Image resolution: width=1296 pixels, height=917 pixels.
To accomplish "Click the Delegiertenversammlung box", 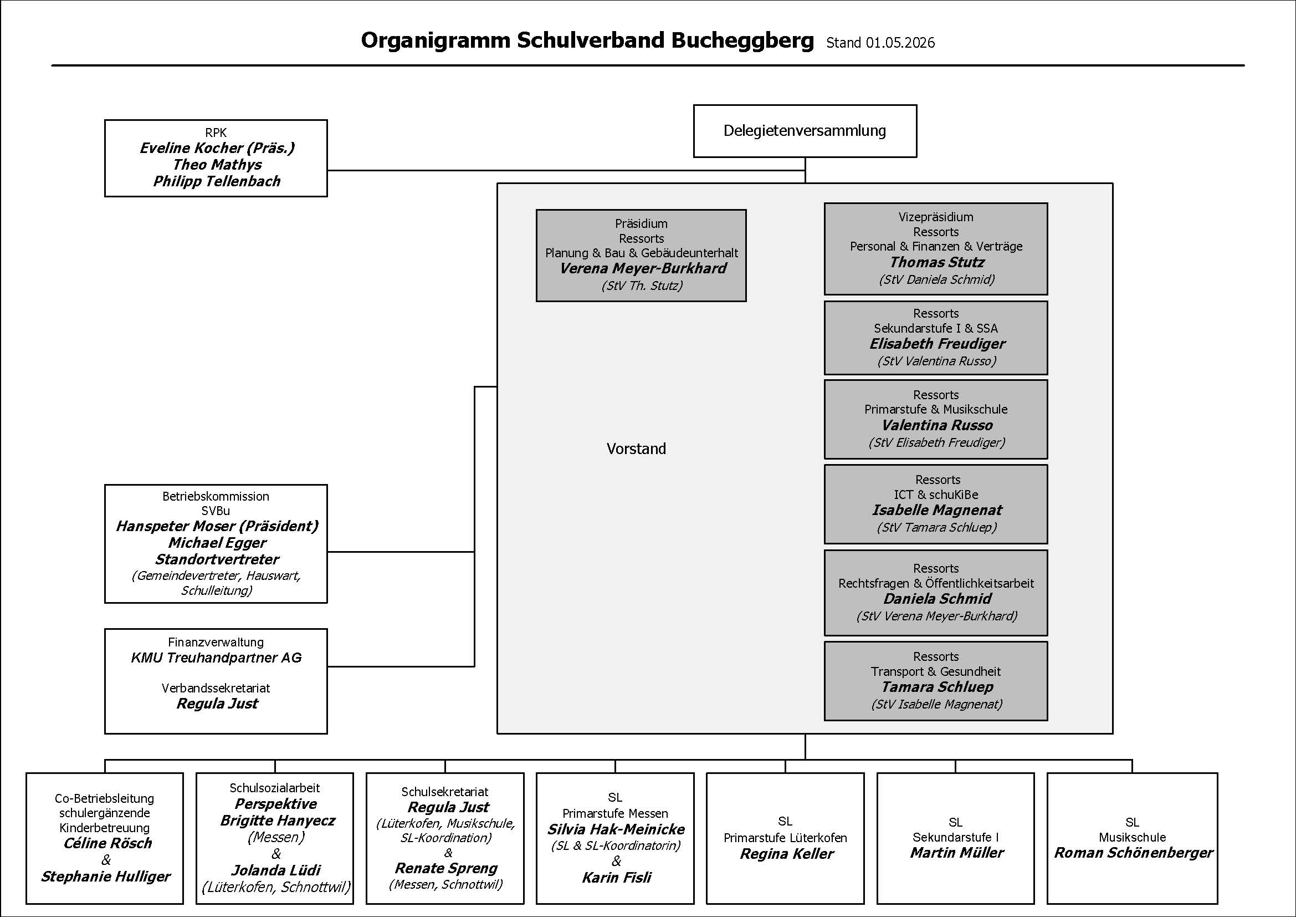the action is pos(805,131).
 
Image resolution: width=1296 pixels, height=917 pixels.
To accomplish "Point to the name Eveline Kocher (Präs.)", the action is pos(217,149).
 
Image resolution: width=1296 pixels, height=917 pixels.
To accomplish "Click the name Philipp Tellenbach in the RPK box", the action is pos(217,181).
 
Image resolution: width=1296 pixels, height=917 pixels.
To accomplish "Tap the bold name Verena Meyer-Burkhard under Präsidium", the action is pos(643,269).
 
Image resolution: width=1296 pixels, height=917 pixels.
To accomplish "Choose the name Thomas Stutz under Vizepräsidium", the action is pos(937,263).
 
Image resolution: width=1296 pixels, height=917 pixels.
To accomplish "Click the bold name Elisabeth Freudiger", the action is pos(938,344).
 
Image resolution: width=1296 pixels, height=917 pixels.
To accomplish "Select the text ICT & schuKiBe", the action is pos(936,495).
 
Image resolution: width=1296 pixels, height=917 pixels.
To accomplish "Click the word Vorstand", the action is pos(636,449).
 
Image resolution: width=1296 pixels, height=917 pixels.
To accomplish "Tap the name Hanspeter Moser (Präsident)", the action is pos(217,527).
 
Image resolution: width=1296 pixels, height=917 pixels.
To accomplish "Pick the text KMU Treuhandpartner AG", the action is pos(216,658).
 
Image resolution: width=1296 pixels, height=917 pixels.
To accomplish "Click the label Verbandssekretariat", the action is pos(216,689).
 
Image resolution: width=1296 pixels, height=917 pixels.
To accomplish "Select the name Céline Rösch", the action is pos(108,844).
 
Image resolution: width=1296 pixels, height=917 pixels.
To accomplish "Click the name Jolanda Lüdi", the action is pos(276,870).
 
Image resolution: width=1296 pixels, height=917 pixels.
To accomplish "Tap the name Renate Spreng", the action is pos(446,868).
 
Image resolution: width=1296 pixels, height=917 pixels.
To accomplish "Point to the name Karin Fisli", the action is pos(616,878).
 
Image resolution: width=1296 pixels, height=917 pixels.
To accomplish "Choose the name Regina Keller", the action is pos(786,854).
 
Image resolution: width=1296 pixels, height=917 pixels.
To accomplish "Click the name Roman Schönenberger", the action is pos(1134,853).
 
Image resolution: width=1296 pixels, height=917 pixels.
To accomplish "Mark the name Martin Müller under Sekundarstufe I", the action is pos(957,853).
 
